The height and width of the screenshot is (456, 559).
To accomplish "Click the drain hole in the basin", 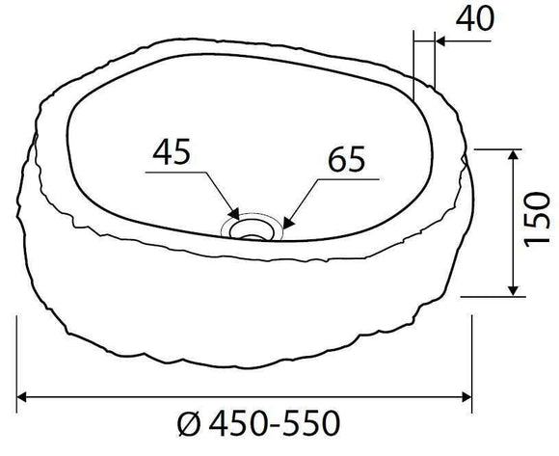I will (x=254, y=228).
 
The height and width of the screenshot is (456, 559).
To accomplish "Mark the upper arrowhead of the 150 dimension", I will (x=514, y=155).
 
